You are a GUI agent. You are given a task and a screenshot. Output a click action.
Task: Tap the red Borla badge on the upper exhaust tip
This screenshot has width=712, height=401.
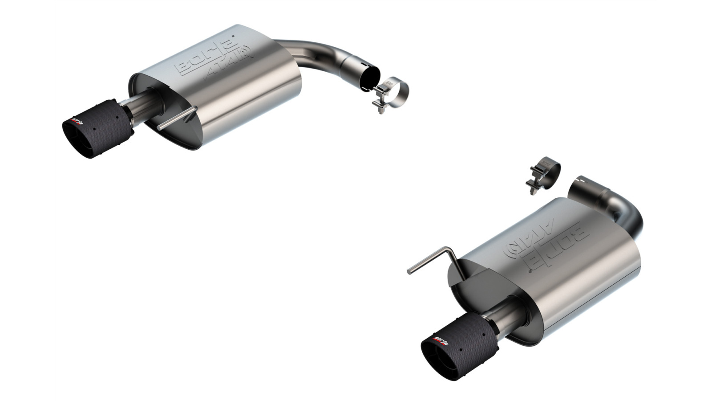point(78,122)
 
